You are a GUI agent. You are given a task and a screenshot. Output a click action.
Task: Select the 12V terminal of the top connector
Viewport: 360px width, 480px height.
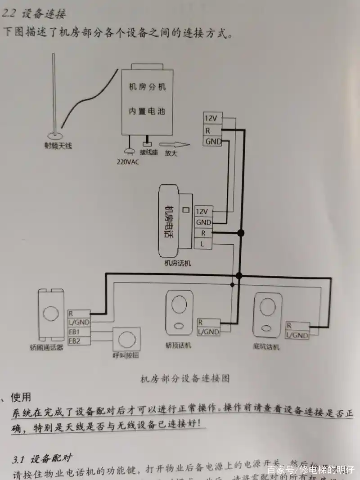coord(211,118)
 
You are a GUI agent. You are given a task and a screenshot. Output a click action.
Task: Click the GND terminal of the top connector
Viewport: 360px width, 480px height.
coord(213,141)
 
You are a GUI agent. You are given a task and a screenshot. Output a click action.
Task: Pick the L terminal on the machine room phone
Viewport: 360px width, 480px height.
coord(203,244)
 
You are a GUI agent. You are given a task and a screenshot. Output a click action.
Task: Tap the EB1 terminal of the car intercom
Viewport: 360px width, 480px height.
coord(75,332)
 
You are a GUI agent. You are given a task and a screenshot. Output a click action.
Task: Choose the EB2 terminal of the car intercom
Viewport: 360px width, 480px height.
coord(75,341)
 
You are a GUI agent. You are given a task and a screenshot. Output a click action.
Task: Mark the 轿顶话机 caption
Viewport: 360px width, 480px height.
coord(178,345)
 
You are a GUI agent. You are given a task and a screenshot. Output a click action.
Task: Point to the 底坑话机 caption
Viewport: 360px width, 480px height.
coord(266,346)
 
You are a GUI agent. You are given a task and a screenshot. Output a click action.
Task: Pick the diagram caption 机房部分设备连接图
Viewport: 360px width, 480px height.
coord(185,378)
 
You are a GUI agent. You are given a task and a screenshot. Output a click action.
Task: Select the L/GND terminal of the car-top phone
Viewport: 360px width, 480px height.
coord(208,332)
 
